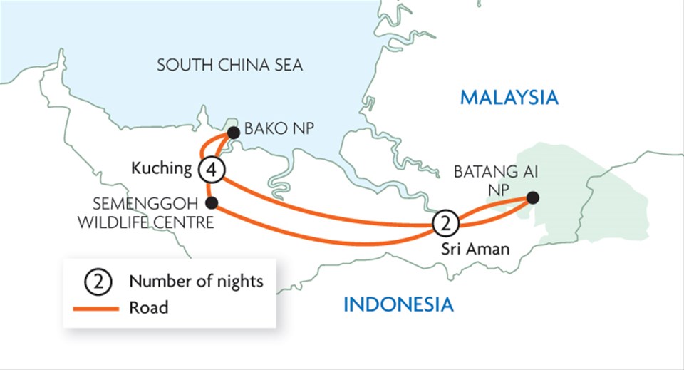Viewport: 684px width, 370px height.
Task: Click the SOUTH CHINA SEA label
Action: pyautogui.click(x=229, y=66)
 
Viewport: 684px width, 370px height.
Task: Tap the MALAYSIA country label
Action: pyautogui.click(x=509, y=98)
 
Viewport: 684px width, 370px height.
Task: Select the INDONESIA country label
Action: pyautogui.click(x=398, y=305)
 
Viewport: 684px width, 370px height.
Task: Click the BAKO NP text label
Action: pyautogui.click(x=279, y=130)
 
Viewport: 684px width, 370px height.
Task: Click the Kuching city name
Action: pyautogui.click(x=162, y=169)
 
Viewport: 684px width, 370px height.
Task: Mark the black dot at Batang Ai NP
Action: pyautogui.click(x=532, y=197)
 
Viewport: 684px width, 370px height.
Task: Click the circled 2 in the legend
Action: pyautogui.click(x=98, y=282)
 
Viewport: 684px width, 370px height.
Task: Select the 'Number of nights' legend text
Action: pyautogui.click(x=196, y=282)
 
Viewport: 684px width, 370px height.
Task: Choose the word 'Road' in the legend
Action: pyautogui.click(x=149, y=309)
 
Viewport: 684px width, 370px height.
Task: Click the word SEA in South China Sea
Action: pyautogui.click(x=286, y=66)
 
